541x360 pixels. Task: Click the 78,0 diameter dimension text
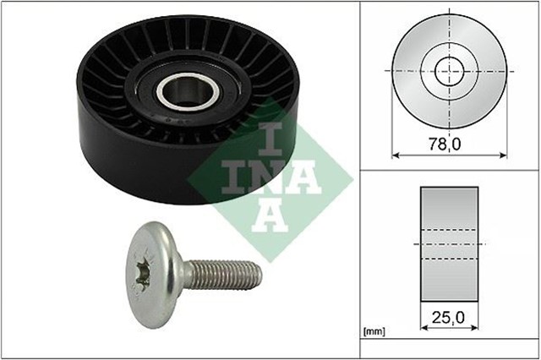click(x=450, y=144)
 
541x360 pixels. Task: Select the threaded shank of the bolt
click(x=223, y=275)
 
